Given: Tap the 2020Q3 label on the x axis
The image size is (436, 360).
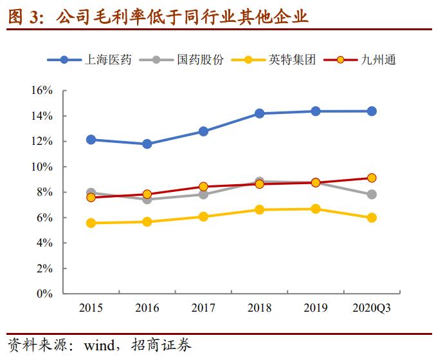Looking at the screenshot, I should (x=371, y=308).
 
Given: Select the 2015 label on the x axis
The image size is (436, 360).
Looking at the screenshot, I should (x=91, y=308).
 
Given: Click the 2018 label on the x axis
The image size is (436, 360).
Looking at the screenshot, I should (x=259, y=308).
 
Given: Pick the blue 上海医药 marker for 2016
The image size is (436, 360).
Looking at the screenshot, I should (x=147, y=144).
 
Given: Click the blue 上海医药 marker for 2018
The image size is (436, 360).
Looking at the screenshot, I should (x=259, y=113).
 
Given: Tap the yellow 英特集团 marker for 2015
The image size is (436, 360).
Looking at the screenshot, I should (x=91, y=223).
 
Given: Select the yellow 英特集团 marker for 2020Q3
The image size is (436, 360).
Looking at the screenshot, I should (x=372, y=218).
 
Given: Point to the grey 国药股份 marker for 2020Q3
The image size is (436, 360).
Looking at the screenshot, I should (x=372, y=194).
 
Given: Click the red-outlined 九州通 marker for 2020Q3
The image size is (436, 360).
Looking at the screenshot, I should (x=372, y=178).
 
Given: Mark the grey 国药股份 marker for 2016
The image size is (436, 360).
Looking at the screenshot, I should (x=147, y=199).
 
